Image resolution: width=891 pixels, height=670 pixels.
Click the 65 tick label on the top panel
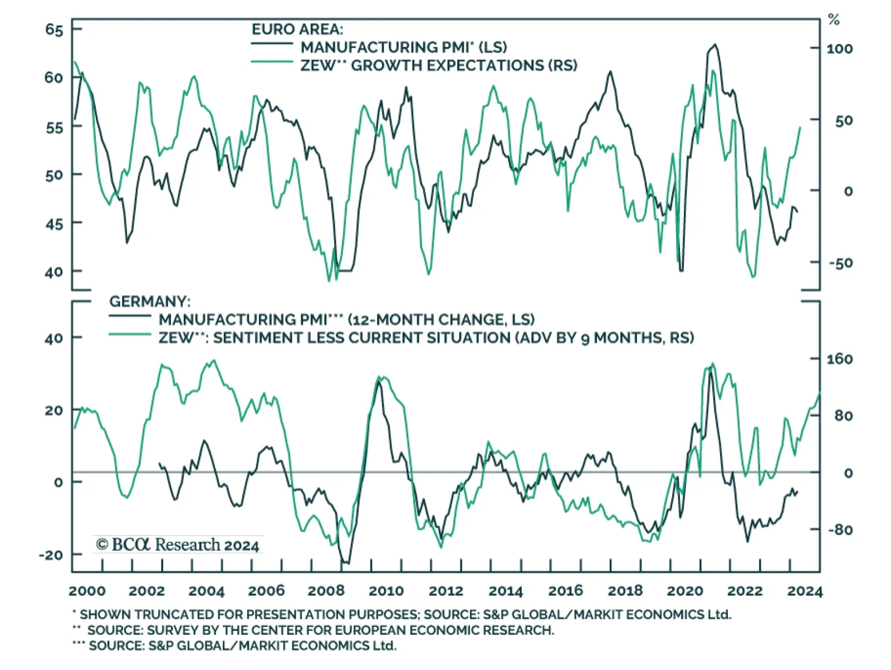(x=54, y=30)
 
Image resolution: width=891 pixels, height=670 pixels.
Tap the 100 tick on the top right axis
(x=839, y=49)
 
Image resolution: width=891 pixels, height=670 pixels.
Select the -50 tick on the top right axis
(x=840, y=263)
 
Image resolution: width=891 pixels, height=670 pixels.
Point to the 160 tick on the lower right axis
(x=839, y=359)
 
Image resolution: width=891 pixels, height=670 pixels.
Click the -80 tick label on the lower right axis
(x=840, y=530)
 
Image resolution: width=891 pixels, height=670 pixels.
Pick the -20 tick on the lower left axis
(x=51, y=555)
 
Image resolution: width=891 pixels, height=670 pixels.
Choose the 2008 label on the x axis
(x=326, y=591)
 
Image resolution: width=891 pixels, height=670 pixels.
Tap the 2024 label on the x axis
(x=805, y=591)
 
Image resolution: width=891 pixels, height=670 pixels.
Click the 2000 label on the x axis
(x=87, y=591)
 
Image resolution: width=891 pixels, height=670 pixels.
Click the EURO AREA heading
(x=297, y=29)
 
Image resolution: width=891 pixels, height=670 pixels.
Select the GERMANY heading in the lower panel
(x=149, y=302)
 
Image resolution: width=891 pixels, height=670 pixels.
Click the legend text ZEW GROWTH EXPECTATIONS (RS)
(x=439, y=65)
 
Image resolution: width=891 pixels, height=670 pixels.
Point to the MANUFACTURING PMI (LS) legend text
(x=404, y=47)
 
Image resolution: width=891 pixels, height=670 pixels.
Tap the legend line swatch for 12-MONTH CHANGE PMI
(x=130, y=316)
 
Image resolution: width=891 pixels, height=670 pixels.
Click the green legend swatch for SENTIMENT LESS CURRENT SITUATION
(x=130, y=334)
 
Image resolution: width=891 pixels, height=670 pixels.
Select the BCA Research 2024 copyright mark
(x=178, y=545)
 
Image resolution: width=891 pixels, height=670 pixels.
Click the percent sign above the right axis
(x=834, y=21)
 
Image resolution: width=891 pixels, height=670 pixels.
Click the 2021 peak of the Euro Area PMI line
(x=715, y=45)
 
